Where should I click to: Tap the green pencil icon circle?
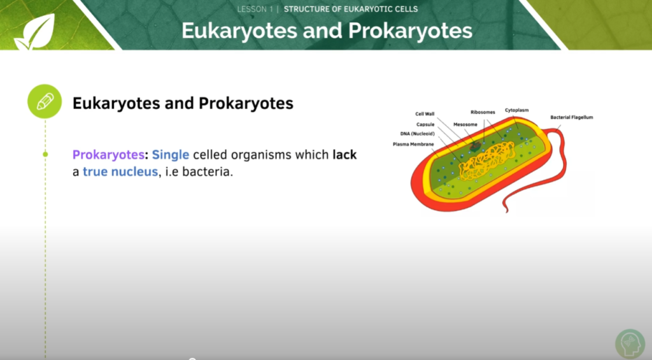point(45,101)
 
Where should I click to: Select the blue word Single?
point(170,155)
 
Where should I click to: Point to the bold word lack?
point(344,155)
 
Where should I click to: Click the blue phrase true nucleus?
point(120,172)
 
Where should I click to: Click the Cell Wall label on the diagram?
point(425,114)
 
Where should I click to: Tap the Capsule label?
point(425,124)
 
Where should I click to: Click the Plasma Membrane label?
point(413,144)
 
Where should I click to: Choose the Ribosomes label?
point(483,112)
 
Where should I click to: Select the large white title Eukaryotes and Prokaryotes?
point(327,31)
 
